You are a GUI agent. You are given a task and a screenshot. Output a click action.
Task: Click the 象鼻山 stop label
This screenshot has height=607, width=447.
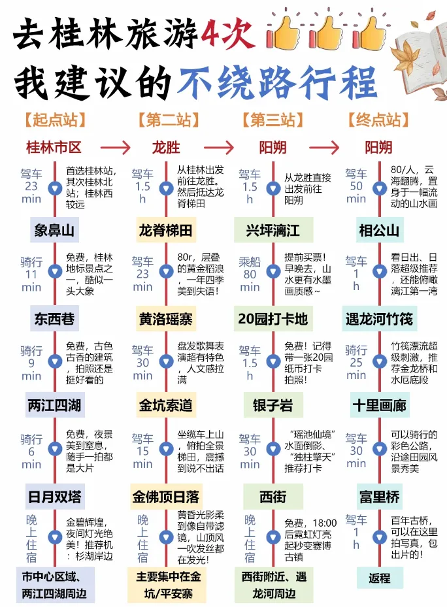pyautogui.click(x=54, y=229)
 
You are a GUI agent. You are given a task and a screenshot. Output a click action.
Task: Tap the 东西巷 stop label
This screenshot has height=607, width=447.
pyautogui.click(x=54, y=318)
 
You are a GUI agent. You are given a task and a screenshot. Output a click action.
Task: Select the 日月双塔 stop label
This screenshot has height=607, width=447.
pyautogui.click(x=54, y=497)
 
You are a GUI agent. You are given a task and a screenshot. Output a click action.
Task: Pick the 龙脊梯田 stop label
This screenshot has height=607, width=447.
pyautogui.click(x=166, y=229)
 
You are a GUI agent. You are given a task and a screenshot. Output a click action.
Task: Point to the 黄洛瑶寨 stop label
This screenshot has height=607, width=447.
pyautogui.click(x=166, y=318)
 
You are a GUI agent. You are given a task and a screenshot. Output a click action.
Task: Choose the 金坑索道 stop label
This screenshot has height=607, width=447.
pyautogui.click(x=166, y=405)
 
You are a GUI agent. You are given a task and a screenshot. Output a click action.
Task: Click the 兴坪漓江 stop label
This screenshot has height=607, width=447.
pyautogui.click(x=273, y=229)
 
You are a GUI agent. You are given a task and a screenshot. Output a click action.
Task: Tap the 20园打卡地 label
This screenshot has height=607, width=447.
pyautogui.click(x=273, y=318)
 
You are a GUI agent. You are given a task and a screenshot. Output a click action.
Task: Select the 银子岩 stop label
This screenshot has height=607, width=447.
pyautogui.click(x=273, y=405)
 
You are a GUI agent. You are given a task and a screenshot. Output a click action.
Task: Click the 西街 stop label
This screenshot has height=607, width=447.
pyautogui.click(x=273, y=497)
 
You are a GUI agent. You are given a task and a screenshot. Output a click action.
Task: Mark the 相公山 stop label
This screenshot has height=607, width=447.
pyautogui.click(x=379, y=229)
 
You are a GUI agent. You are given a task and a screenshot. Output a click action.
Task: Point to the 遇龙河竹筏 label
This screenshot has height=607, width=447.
pyautogui.click(x=379, y=318)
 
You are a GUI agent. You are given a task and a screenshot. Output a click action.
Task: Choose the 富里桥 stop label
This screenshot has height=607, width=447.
pyautogui.click(x=379, y=497)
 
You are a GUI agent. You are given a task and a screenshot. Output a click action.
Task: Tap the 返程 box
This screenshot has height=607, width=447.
pyautogui.click(x=379, y=578)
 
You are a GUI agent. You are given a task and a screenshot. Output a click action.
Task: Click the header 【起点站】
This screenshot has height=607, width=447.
pyautogui.click(x=54, y=120)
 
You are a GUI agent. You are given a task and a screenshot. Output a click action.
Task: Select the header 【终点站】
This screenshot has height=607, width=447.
pyautogui.click(x=378, y=120)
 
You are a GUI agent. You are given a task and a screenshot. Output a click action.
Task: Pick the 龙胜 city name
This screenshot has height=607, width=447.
pyautogui.click(x=166, y=146)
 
